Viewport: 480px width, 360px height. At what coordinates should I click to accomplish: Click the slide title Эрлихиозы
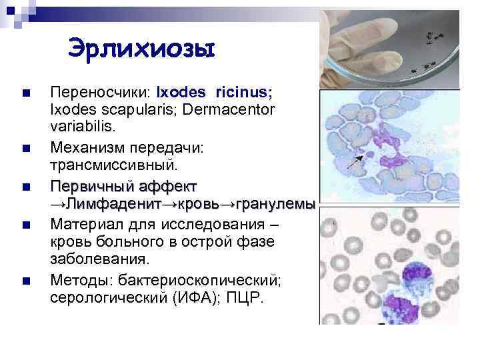pyautogui.click(x=141, y=49)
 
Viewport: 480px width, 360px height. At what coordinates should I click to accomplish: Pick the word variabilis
pyautogui.click(x=76, y=125)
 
